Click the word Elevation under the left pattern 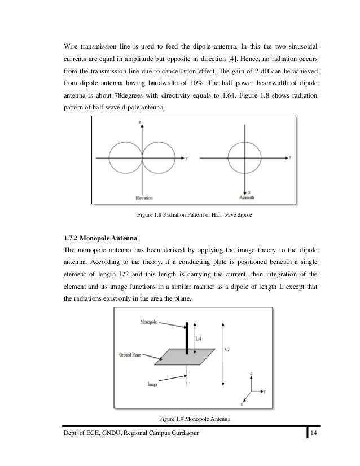[x=143, y=198]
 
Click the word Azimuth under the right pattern [x=245, y=198]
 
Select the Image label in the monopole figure [x=151, y=384]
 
